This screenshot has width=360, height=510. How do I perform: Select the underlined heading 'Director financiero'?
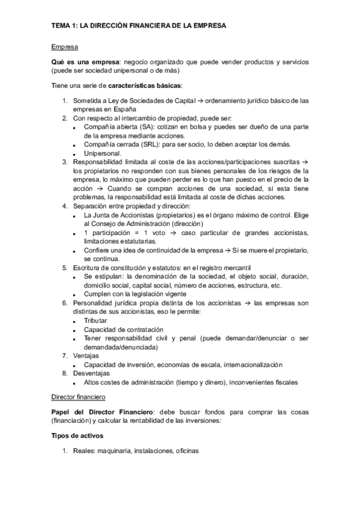[x=78, y=398]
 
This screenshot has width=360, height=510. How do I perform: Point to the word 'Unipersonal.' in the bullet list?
[x=102, y=153]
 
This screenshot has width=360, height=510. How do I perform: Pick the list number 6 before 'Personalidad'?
[x=66, y=303]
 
